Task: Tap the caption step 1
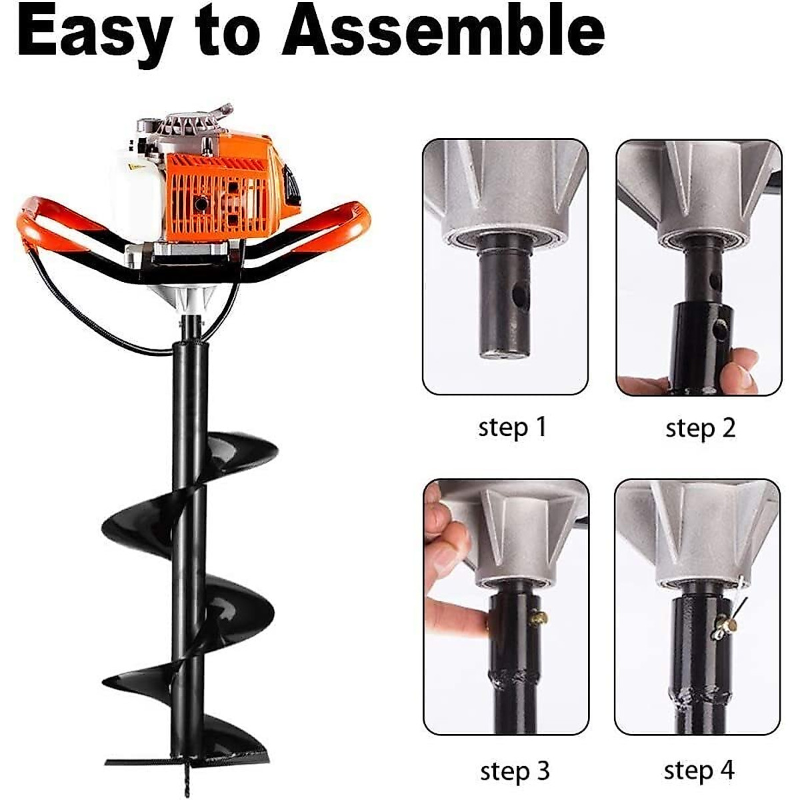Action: pyautogui.click(x=512, y=427)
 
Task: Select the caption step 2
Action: pyautogui.click(x=700, y=427)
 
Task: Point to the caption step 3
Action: pyautogui.click(x=515, y=771)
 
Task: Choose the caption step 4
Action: pyautogui.click(x=699, y=770)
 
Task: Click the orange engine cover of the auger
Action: pyautogui.click(x=220, y=193)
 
